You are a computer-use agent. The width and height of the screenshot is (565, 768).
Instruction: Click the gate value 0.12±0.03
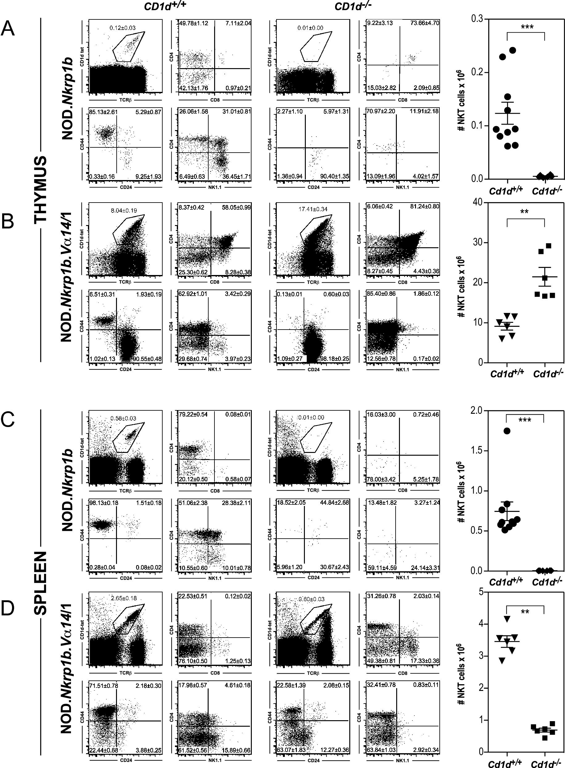(x=123, y=28)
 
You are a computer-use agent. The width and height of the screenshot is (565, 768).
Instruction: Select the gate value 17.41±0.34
(x=313, y=209)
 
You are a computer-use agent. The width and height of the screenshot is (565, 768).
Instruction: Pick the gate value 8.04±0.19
(x=124, y=211)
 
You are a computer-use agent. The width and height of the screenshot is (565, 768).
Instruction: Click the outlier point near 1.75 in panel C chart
(x=507, y=431)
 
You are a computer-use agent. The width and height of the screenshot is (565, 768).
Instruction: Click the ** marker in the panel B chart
(x=524, y=212)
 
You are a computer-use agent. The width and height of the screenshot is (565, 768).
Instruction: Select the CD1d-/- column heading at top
(x=353, y=6)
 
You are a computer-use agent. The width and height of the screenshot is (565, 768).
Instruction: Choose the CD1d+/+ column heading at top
(x=163, y=6)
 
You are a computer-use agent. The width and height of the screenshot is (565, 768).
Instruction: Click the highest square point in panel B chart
(x=549, y=246)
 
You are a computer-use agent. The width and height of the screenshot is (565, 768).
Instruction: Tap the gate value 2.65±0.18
(x=124, y=598)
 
